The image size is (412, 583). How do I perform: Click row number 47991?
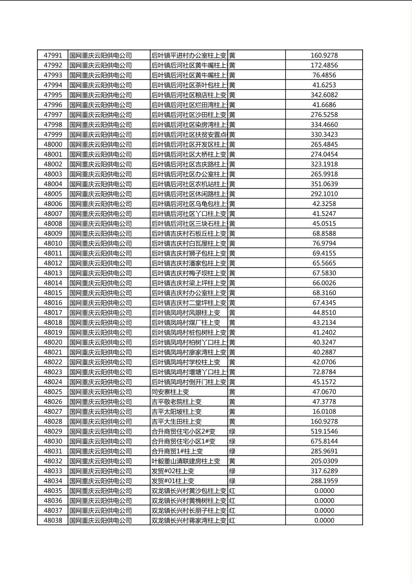[53, 55]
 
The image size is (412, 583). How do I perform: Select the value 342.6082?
[324, 95]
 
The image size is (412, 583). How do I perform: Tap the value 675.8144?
[324, 442]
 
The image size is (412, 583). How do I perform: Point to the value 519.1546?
[324, 431]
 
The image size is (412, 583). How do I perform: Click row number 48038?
[53, 521]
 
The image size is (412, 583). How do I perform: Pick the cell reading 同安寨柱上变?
[170, 392]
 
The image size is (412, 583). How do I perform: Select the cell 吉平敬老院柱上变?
[176, 402]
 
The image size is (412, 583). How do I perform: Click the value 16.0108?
[324, 412]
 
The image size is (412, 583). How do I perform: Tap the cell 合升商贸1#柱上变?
[177, 451]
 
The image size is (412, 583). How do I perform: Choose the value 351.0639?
[324, 184]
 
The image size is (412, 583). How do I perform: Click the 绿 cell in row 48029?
[232, 431]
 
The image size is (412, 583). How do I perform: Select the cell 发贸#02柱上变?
[173, 471]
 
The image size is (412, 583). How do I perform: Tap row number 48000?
[53, 145]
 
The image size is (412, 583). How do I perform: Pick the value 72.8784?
[324, 372]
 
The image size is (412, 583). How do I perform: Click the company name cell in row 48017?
[101, 313]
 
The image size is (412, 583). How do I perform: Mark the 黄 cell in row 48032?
[232, 461]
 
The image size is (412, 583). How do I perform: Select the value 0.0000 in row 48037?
[324, 510]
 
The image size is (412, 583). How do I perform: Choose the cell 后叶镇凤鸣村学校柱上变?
[186, 362]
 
